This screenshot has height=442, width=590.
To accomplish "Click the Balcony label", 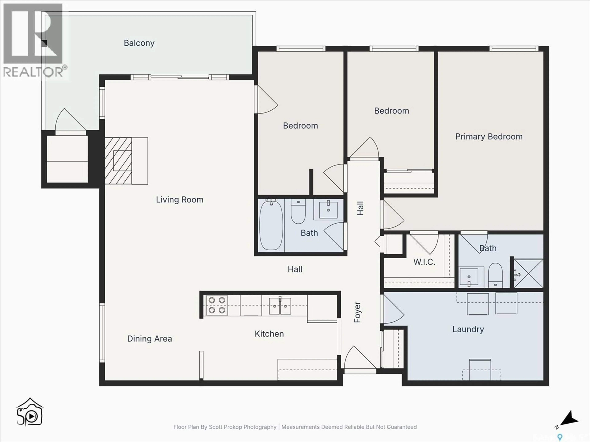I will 139,43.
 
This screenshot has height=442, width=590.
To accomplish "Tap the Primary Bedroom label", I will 489,137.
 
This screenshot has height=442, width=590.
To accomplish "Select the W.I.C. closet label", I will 424,262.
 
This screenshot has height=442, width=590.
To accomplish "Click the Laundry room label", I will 468,329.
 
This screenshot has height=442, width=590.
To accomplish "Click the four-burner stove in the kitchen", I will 217,305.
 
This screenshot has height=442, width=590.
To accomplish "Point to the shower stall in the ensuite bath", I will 528,273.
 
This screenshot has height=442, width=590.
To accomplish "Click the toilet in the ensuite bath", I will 495,274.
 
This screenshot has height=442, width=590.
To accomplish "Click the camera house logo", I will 30,412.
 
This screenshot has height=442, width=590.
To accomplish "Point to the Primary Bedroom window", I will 513,48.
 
